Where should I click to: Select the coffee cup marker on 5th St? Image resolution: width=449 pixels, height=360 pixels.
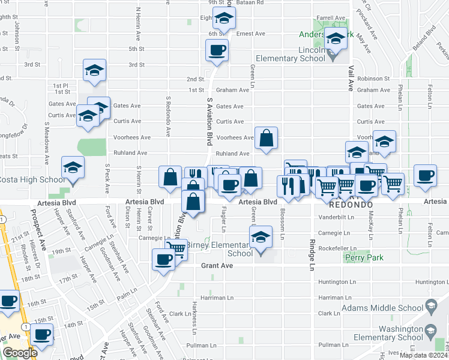(x=217, y=50)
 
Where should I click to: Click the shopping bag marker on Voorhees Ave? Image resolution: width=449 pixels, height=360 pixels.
(x=266, y=137)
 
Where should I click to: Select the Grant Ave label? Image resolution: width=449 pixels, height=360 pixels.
(x=217, y=265)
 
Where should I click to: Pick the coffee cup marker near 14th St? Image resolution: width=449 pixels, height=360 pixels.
(x=41, y=334)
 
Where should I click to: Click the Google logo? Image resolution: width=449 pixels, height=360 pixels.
(x=19, y=353)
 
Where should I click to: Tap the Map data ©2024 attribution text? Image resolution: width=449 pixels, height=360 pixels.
(x=423, y=355)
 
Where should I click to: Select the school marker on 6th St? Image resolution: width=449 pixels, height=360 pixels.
(x=224, y=19)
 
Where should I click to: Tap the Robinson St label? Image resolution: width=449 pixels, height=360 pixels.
(x=373, y=79)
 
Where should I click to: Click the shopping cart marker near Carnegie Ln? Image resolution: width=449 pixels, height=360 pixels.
(x=176, y=248)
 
